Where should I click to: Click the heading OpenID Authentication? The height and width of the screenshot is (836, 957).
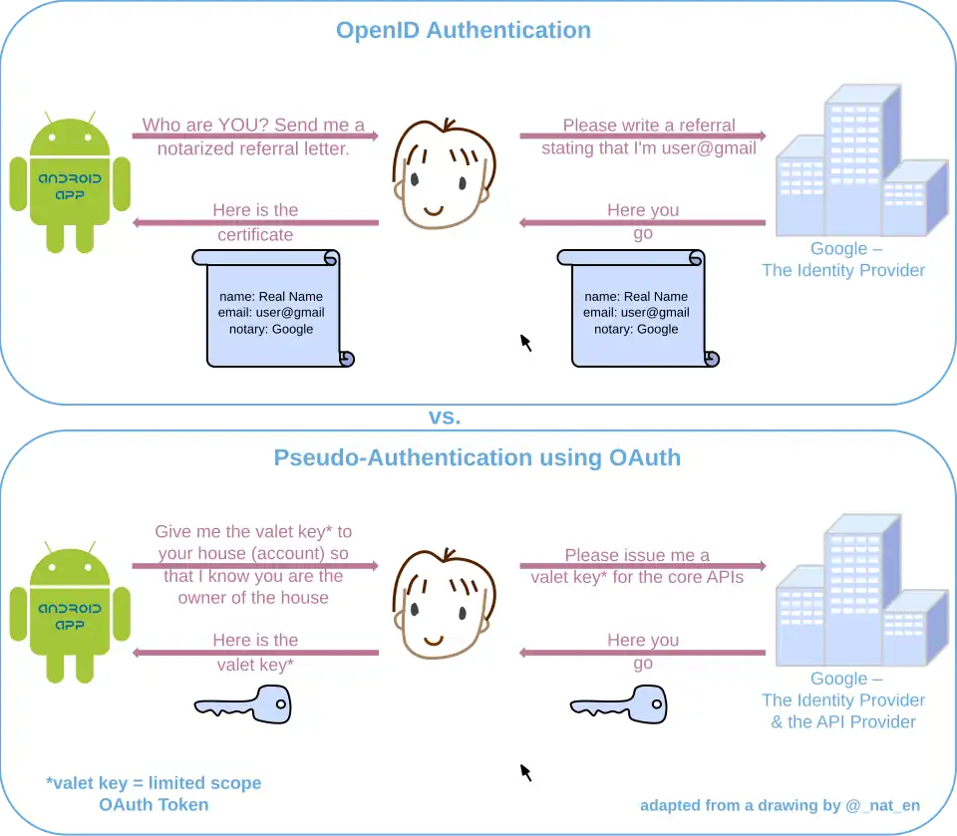click(463, 30)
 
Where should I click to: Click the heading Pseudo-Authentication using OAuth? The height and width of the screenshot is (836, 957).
click(478, 458)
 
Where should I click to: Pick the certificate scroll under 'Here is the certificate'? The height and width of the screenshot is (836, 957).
click(272, 310)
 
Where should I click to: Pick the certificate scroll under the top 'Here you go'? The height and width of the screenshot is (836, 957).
click(637, 310)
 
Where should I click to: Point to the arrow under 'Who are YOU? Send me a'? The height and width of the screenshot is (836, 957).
click(255, 136)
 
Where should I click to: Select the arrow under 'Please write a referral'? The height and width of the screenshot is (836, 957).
click(643, 136)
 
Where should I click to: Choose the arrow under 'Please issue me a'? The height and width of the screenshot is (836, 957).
click(643, 566)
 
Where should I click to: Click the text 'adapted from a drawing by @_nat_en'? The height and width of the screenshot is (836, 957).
click(780, 805)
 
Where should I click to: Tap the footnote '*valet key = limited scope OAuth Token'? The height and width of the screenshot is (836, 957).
click(154, 793)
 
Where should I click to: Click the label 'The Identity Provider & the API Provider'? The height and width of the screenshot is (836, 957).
click(843, 710)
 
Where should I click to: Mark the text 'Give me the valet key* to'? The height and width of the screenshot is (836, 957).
click(253, 532)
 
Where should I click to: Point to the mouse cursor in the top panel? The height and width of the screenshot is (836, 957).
click(525, 343)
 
